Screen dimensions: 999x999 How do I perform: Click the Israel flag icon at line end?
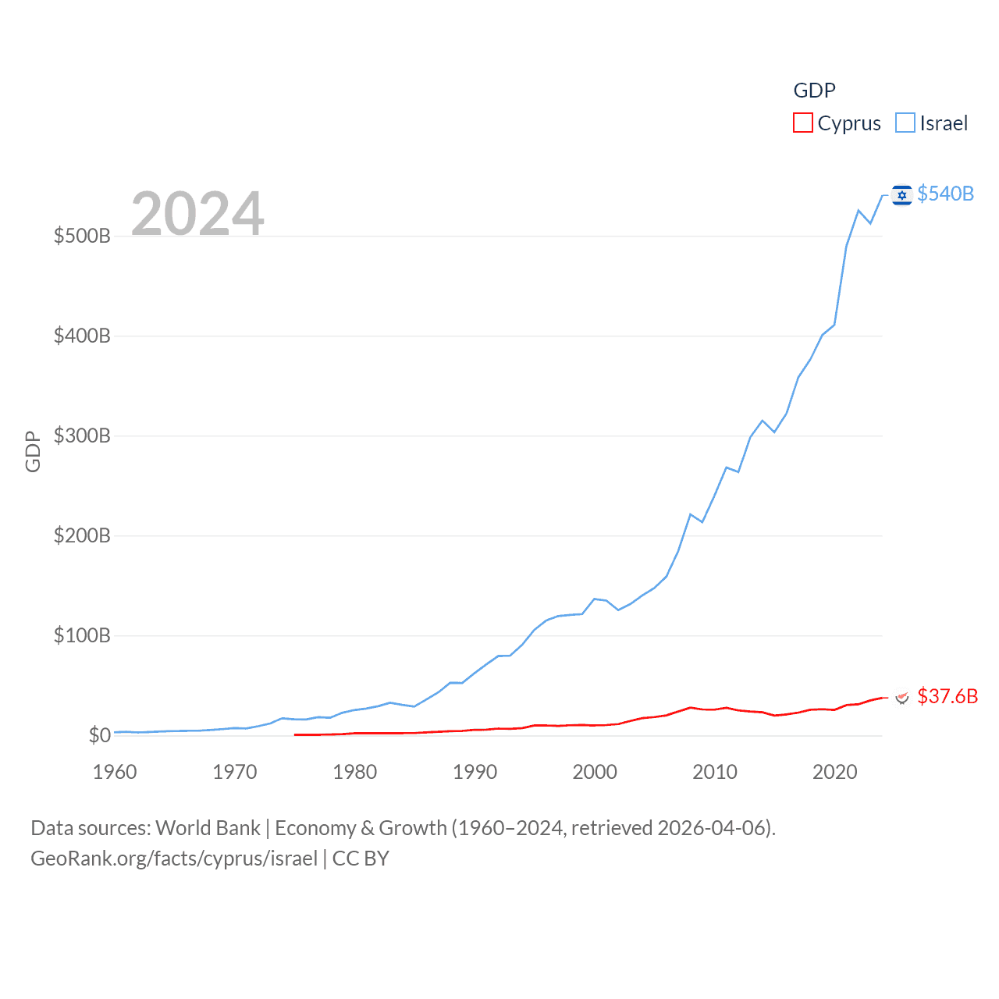(x=901, y=195)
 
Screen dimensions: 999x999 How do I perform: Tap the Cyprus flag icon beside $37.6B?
(x=902, y=697)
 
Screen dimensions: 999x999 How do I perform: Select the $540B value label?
(x=945, y=194)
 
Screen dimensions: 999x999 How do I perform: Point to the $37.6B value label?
(x=947, y=696)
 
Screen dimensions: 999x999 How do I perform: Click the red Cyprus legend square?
(x=802, y=123)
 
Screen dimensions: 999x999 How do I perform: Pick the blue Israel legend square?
(x=905, y=123)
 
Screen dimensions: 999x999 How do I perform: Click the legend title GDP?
(x=814, y=91)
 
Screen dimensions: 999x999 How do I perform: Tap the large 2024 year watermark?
(x=197, y=214)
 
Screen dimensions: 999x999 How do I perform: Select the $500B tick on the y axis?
(x=82, y=236)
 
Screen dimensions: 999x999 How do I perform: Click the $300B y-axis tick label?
(x=82, y=436)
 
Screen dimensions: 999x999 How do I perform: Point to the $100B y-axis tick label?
(x=82, y=635)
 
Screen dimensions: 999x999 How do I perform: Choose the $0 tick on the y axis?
(x=99, y=735)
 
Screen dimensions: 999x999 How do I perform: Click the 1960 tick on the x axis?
(x=115, y=772)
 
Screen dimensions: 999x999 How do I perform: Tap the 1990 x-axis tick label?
(x=475, y=772)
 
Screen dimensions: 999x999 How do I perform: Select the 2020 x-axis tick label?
(x=835, y=772)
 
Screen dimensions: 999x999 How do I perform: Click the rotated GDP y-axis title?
(x=33, y=451)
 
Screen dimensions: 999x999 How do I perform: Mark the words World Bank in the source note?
(x=208, y=828)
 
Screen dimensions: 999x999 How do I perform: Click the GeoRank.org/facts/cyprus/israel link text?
(x=174, y=859)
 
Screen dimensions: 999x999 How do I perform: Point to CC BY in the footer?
(x=361, y=859)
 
